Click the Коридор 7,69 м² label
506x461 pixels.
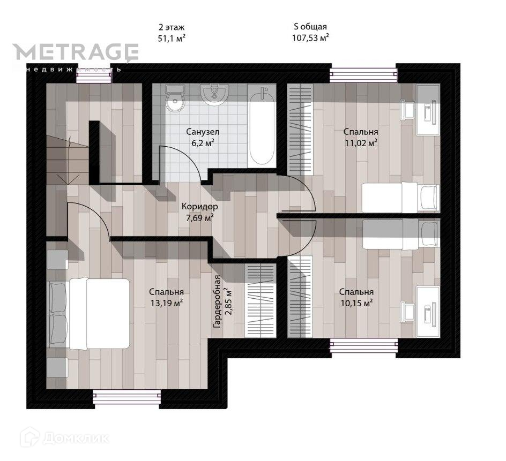pyautogui.click(x=199, y=212)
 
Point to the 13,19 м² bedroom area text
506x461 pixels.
pyautogui.click(x=167, y=303)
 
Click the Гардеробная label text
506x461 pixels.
pyautogui.click(x=217, y=302)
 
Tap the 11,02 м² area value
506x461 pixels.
pyautogui.click(x=361, y=142)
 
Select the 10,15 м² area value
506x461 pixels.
pyautogui.click(x=356, y=303)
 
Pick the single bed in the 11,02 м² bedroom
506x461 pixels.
pyautogui.click(x=400, y=197)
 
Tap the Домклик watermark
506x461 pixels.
pyautogui.click(x=64, y=438)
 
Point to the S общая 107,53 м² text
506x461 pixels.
pyautogui.click(x=310, y=32)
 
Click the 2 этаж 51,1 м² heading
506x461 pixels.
pyautogui.click(x=172, y=33)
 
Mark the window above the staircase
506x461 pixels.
pyautogui.click(x=94, y=77)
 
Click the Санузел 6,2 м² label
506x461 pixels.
pyautogui.click(x=203, y=137)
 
